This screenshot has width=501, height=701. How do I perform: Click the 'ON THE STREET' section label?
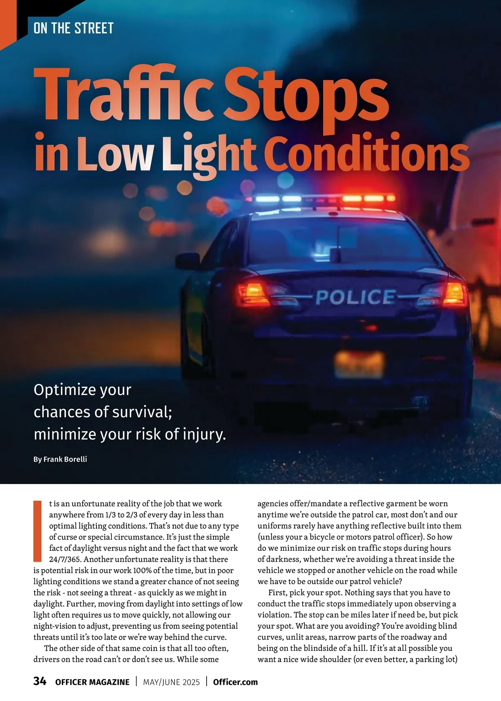[x=73, y=28]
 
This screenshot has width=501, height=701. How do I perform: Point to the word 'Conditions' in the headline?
[x=366, y=154]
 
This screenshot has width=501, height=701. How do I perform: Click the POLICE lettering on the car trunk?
[x=355, y=297]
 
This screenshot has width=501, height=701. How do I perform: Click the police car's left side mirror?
[x=187, y=261]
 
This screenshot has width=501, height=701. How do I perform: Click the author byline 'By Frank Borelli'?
[x=60, y=459]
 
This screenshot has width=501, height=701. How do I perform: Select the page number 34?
[x=40, y=681]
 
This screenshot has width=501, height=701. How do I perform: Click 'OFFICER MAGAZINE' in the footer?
[x=92, y=682]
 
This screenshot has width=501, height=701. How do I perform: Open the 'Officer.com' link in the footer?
[x=235, y=682]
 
